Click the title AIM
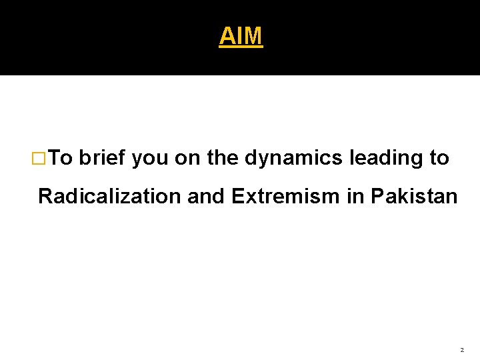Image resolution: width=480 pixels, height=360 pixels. pyautogui.click(x=241, y=36)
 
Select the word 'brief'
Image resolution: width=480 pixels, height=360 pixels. pyautogui.click(x=103, y=158)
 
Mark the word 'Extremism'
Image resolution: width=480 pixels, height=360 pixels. pyautogui.click(x=285, y=197)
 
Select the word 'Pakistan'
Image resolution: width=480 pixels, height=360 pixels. pyautogui.click(x=414, y=197)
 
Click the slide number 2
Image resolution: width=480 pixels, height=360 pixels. pyautogui.click(x=462, y=349)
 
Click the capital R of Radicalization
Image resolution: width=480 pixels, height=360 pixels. pyautogui.click(x=45, y=197)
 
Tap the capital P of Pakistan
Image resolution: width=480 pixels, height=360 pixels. pyautogui.click(x=377, y=197)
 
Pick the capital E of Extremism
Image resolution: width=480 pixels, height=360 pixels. pyautogui.click(x=237, y=197)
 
